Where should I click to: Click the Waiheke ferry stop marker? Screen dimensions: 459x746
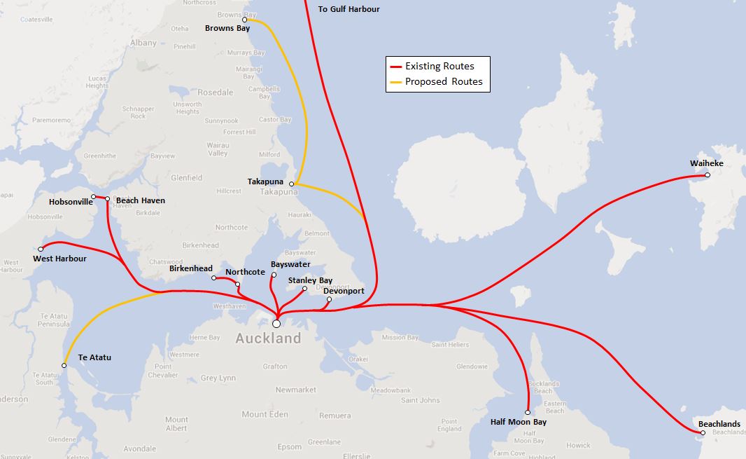[708, 175]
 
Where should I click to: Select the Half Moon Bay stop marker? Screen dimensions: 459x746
[528, 412]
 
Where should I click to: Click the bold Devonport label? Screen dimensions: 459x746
[344, 291]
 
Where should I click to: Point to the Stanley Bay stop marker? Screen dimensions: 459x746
[304, 289]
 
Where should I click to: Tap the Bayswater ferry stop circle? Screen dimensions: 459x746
[274, 275]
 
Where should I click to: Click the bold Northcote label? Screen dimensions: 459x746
[245, 272]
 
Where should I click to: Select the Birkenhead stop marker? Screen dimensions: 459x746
[214, 278]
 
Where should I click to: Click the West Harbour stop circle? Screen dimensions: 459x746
[41, 249]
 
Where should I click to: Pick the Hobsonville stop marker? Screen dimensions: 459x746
[93, 196]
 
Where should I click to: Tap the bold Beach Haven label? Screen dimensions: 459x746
[141, 200]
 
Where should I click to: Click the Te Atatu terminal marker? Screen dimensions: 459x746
[64, 365]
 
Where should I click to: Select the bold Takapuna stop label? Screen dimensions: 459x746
[265, 181]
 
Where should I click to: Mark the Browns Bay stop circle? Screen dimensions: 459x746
[245, 20]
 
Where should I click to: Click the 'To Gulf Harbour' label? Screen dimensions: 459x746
[349, 9]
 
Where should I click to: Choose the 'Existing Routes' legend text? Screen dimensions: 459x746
[439, 67]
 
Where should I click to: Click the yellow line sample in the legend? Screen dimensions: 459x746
[395, 82]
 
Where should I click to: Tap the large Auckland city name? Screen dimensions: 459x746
[268, 338]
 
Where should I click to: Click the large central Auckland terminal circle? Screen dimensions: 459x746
[276, 324]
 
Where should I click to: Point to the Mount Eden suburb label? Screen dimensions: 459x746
[265, 414]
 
